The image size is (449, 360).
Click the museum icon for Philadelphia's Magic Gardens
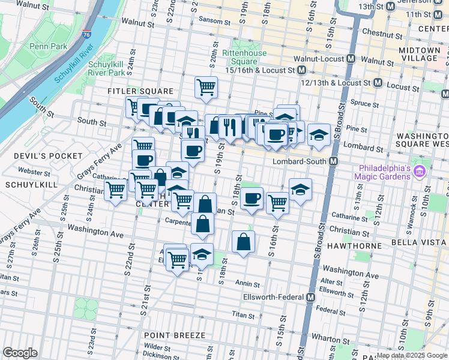(x=419, y=172)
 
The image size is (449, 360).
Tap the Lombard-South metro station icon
(x=332, y=162)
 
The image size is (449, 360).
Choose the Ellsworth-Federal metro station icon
(x=311, y=298)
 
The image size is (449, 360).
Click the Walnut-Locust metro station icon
(x=351, y=59)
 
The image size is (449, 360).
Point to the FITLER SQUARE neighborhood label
(x=140, y=91)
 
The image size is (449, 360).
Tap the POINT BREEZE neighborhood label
(x=175, y=335)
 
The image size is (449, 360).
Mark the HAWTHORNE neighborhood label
(x=354, y=246)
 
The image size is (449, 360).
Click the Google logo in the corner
(x=20, y=353)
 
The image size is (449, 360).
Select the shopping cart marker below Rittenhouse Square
(x=206, y=87)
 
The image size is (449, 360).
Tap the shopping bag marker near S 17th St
(x=243, y=242)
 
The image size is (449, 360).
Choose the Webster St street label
(x=29, y=171)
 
